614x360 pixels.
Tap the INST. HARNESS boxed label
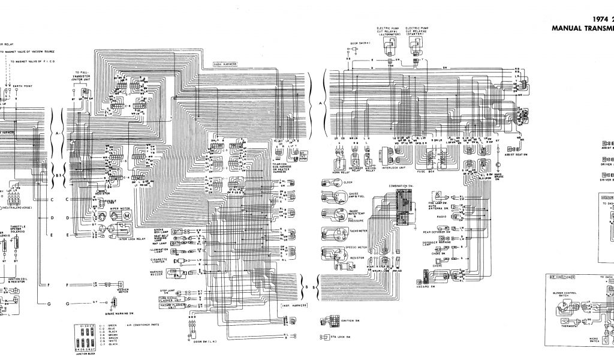pos(295,305)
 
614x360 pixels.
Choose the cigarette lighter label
pos(159,262)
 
